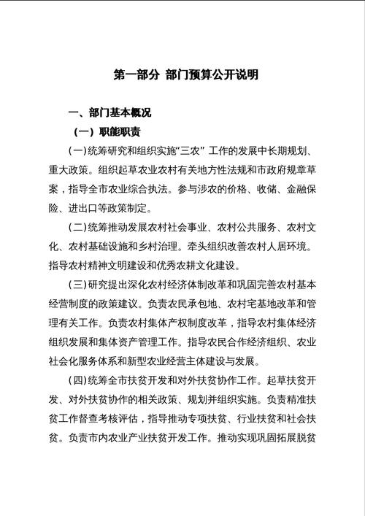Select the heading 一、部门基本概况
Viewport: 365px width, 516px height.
click(x=109, y=113)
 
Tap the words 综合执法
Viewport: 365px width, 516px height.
click(x=170, y=189)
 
